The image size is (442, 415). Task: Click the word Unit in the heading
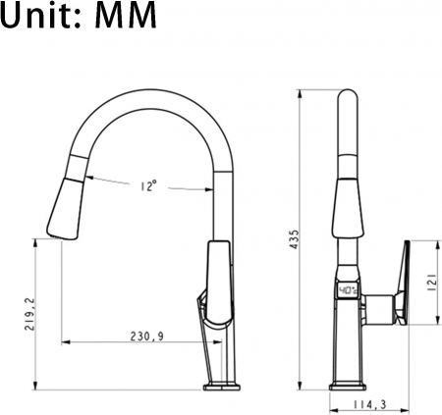click(x=38, y=15)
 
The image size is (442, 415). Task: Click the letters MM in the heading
click(x=126, y=15)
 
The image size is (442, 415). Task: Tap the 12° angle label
click(x=149, y=185)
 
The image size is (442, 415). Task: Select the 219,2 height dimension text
click(x=30, y=314)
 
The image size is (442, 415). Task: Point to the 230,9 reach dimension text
click(x=147, y=337)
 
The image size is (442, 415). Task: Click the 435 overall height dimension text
click(x=295, y=239)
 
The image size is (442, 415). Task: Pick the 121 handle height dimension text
click(x=432, y=283)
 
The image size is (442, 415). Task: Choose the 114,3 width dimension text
click(x=369, y=405)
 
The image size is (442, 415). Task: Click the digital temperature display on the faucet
click(x=348, y=290)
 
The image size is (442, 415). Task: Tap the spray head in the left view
click(x=66, y=209)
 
